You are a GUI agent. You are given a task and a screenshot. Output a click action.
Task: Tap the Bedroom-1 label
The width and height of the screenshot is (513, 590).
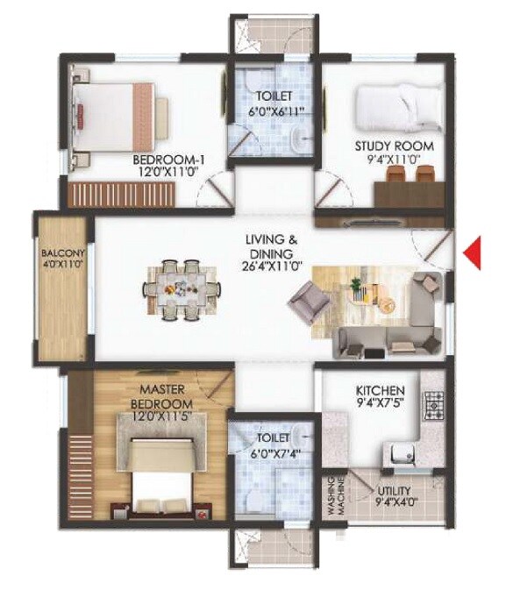168,160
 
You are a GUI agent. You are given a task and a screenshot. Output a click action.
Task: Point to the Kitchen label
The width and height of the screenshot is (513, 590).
380,389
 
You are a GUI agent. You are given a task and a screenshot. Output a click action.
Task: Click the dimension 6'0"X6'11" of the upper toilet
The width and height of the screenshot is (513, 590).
274,110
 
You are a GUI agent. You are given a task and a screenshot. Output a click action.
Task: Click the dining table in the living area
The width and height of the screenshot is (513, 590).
181,288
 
